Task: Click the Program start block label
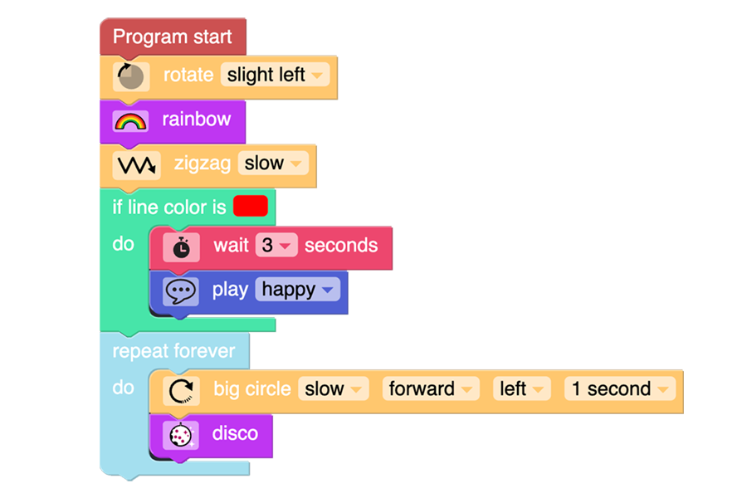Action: coord(172,37)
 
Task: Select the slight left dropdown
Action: coord(275,75)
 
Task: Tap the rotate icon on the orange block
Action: coord(131,76)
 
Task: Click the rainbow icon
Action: coord(130,121)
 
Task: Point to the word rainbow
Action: coord(196,120)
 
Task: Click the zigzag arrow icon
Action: coord(136,165)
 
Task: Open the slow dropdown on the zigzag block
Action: coord(273,164)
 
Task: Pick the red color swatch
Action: coord(251,207)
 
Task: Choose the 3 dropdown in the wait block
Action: coord(276,246)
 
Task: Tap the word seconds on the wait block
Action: coord(341,246)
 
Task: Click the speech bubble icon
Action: coord(181,291)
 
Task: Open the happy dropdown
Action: coord(298,290)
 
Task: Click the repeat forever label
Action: coord(173,351)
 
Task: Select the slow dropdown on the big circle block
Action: coord(334,389)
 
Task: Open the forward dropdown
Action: coord(431,389)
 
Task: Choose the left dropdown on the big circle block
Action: coord(522,389)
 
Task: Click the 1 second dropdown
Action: coord(620,389)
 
